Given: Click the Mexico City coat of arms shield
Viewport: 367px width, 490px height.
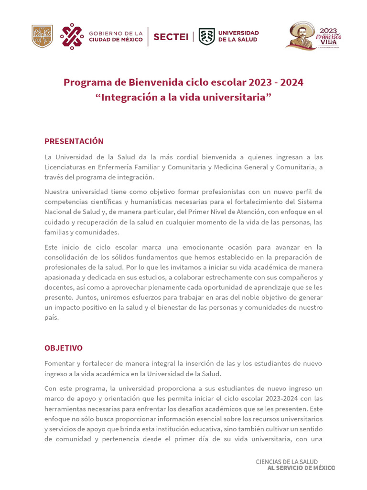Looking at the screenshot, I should pos(42,36).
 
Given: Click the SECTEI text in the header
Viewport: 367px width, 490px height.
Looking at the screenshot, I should pos(171,37).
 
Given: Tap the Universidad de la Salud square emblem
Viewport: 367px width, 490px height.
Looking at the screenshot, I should pos(206,36).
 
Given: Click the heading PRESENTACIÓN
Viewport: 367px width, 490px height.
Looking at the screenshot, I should pos(74,141).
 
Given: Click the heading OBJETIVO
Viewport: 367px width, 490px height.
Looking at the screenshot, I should pos(64,348).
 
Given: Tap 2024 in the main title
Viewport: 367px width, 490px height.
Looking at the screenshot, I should pos(291,82).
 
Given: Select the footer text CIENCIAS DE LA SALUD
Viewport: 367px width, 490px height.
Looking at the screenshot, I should pos(295,462).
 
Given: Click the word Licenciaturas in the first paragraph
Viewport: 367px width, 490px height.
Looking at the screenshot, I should pos(66,167).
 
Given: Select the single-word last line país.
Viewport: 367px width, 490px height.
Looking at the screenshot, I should pos(52,318).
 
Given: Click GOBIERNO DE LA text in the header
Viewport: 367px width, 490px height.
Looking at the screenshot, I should pos(116,33).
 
